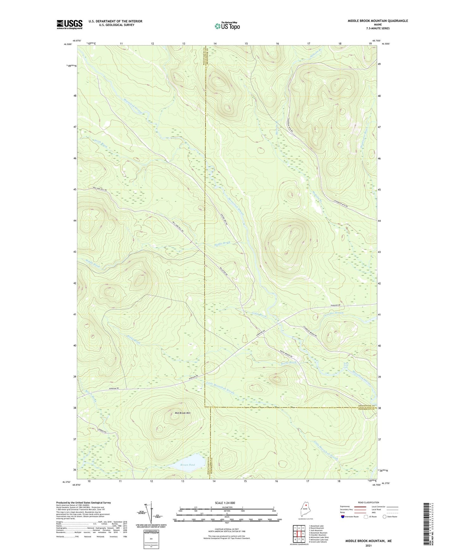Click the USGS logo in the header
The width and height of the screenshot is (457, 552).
[x=70, y=24]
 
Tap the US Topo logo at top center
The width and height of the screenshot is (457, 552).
[x=227, y=26]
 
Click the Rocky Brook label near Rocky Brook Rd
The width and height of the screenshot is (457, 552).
[x=288, y=363]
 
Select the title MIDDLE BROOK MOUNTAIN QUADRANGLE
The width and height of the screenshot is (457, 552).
[x=378, y=21]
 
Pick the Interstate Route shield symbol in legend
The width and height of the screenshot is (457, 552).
[x=343, y=517]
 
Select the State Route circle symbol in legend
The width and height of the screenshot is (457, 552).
[x=384, y=517]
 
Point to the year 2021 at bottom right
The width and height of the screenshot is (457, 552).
[x=368, y=545]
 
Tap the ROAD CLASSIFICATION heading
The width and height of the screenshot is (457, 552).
[x=369, y=502]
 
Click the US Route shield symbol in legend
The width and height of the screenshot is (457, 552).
[x=366, y=517]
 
